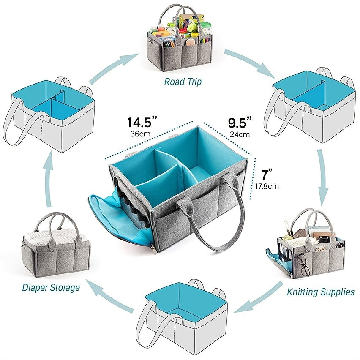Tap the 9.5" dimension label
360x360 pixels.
(x=240, y=123)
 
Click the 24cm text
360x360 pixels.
(x=240, y=135)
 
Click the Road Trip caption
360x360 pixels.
(x=183, y=82)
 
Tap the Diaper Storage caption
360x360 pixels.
(x=51, y=288)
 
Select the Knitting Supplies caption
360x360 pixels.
(x=320, y=292)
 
